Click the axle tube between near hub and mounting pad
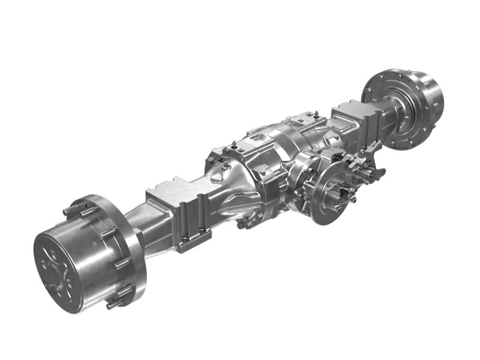click(144, 216)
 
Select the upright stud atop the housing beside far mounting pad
click(314, 112)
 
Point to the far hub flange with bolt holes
click(390, 108)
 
